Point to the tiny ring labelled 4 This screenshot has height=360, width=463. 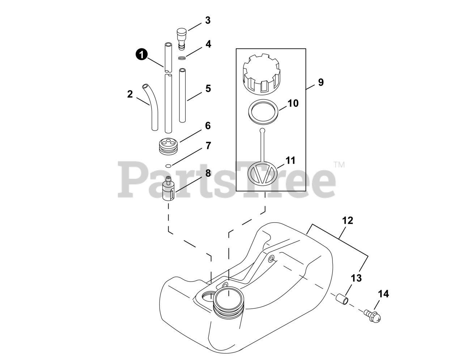[182, 58]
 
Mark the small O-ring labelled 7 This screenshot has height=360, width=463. [168, 166]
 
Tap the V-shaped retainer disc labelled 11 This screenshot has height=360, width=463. [263, 172]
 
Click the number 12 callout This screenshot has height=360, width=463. [347, 220]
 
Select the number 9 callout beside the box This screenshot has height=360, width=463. [320, 82]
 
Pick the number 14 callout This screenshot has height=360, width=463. [383, 294]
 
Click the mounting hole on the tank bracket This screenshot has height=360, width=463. [271, 259]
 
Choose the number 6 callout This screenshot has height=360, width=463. [208, 126]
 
